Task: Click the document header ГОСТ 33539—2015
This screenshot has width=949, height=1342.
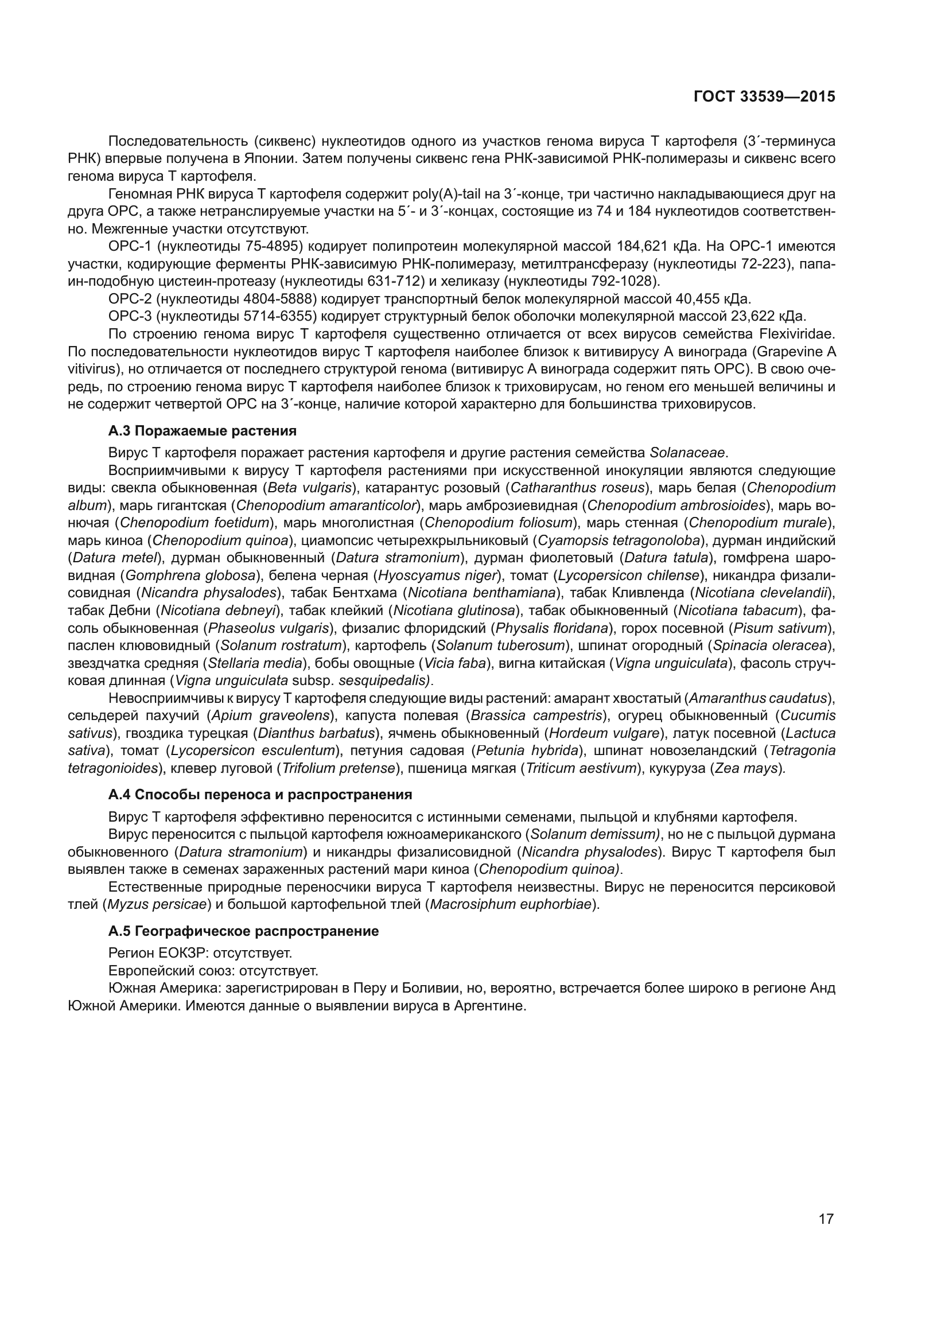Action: pyautogui.click(x=764, y=97)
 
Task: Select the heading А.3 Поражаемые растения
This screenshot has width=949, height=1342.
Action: pyautogui.click(x=202, y=431)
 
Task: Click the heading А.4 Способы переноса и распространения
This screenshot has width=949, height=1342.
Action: pyautogui.click(x=260, y=794)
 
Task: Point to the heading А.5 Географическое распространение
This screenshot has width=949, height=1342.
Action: pyautogui.click(x=244, y=931)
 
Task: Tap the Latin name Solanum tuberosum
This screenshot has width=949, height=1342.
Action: pyautogui.click(x=500, y=646)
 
